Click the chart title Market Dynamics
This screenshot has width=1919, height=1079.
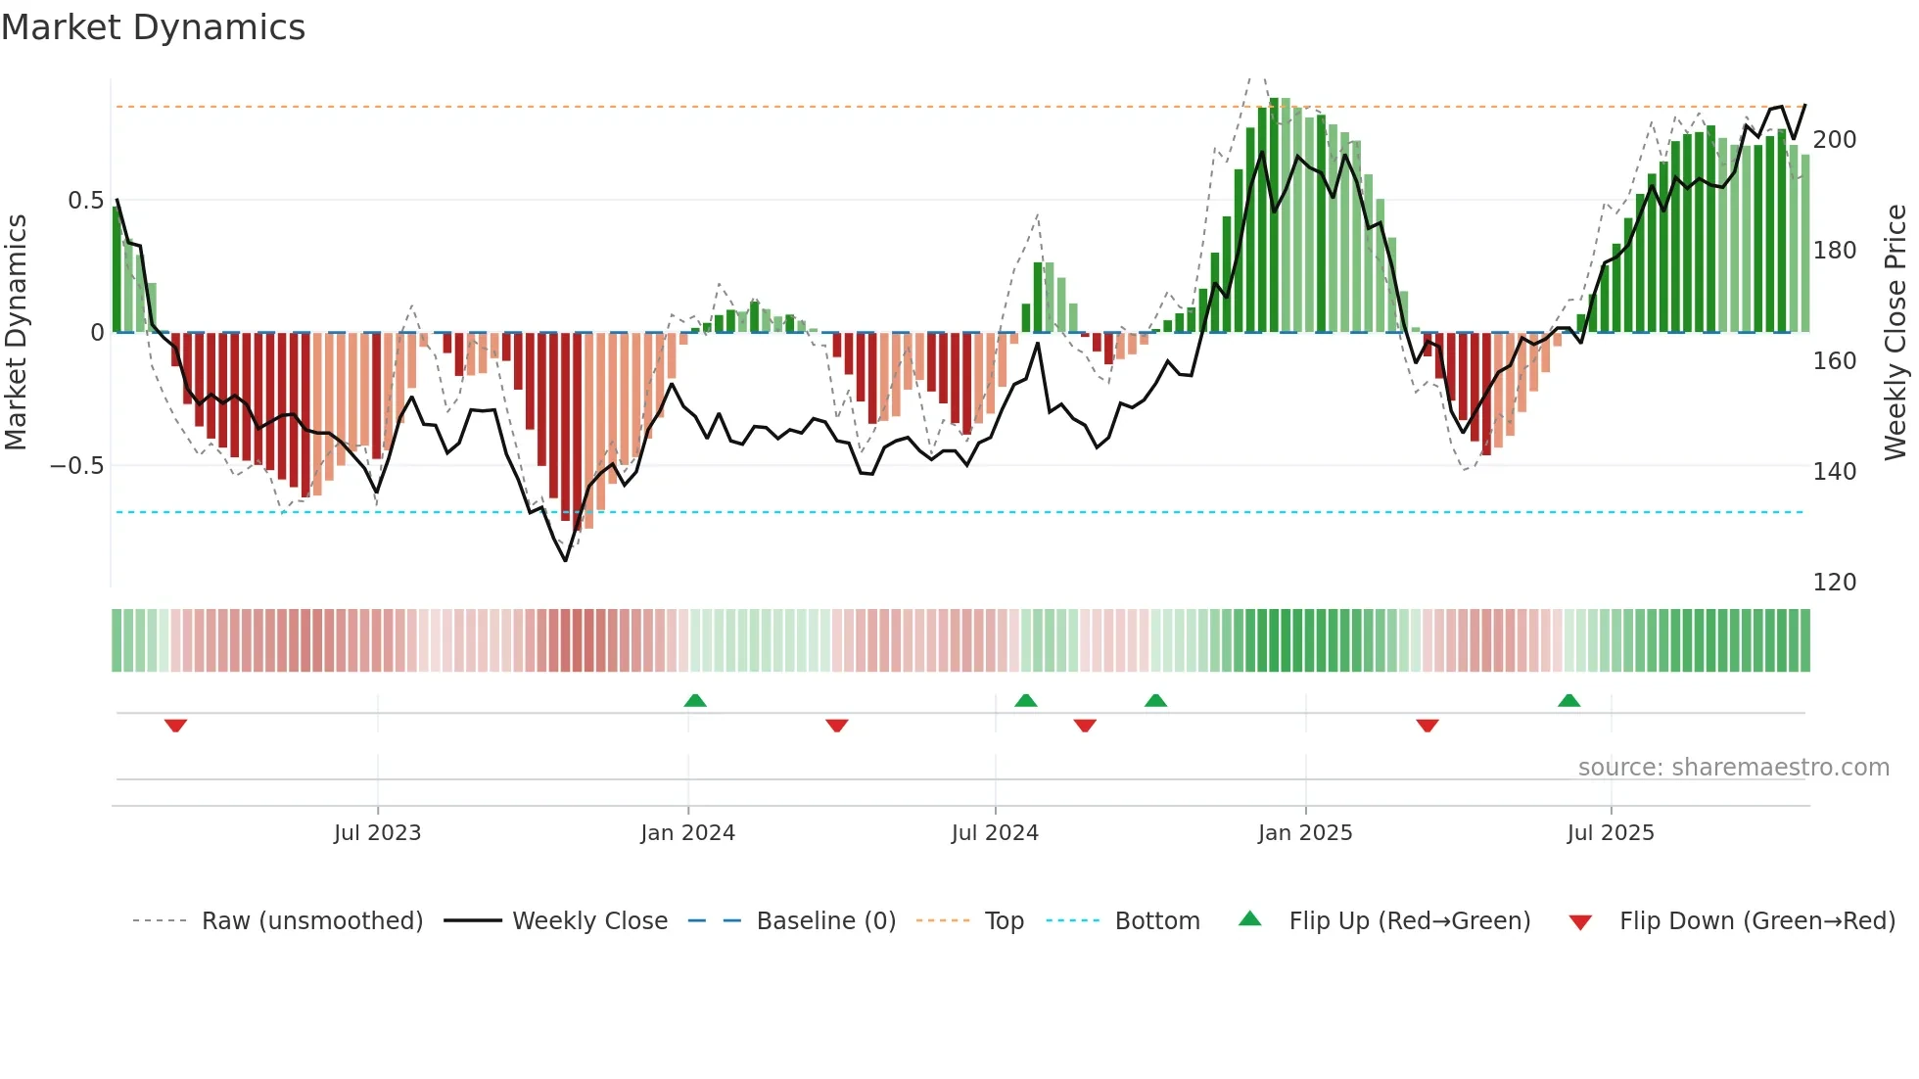coord(154,27)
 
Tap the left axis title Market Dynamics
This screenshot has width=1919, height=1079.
coord(16,333)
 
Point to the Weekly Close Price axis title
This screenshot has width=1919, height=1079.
coord(1896,333)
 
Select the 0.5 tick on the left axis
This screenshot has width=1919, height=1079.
coord(85,201)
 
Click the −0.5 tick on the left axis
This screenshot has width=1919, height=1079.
coord(77,466)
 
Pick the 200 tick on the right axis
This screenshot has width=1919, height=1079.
coord(1834,140)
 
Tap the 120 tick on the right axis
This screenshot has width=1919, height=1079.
coord(1834,583)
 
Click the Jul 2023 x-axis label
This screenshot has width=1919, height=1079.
coord(377,833)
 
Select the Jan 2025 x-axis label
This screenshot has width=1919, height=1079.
coord(1304,833)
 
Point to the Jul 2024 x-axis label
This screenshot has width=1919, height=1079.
coord(994,833)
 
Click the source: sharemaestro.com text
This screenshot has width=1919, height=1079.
coord(1733,768)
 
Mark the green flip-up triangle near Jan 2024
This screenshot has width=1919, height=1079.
coord(695,701)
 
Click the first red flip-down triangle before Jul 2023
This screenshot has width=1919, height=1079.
coord(175,726)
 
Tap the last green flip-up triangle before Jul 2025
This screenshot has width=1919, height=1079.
coord(1568,701)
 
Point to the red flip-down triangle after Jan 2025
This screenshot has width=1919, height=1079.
coord(1427,726)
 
